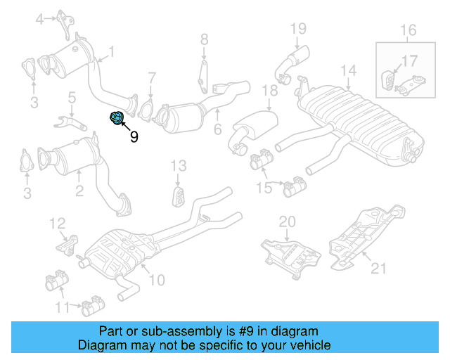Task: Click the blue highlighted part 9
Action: pyautogui.click(x=117, y=118)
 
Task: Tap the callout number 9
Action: pyautogui.click(x=134, y=136)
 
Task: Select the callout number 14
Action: pyautogui.click(x=347, y=70)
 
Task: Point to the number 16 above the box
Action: pyautogui.click(x=409, y=30)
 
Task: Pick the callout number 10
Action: pyautogui.click(x=156, y=280)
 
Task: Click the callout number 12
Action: pyautogui.click(x=57, y=224)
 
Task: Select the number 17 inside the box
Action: pyautogui.click(x=409, y=60)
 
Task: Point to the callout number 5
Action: pyautogui.click(x=71, y=97)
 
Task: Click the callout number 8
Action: pyautogui.click(x=204, y=39)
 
